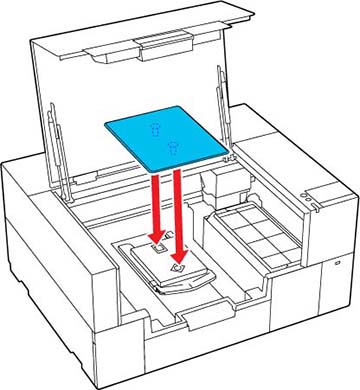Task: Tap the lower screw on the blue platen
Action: tap(174, 149)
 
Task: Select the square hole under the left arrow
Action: tap(155, 247)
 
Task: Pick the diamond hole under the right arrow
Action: tap(178, 269)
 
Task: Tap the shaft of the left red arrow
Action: tap(154, 200)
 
